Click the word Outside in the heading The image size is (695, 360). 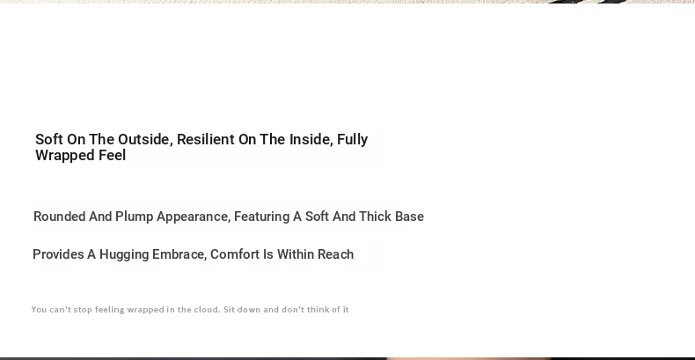(145, 140)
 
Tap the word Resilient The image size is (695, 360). (206, 139)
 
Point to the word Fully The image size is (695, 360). (353, 140)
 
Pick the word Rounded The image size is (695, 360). (60, 217)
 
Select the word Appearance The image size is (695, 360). (194, 217)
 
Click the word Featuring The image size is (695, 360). (261, 217)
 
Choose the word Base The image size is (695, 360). (409, 217)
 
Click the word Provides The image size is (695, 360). (58, 254)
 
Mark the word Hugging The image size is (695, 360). (124, 255)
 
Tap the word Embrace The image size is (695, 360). (179, 255)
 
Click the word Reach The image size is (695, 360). (336, 254)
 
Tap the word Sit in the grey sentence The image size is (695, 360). (229, 310)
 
